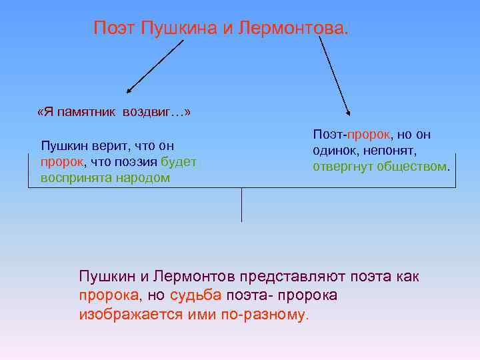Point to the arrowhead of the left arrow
coord(129,89)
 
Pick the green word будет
coord(178,161)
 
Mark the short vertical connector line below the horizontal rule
coord(241,205)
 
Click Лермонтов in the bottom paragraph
coord(196,277)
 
